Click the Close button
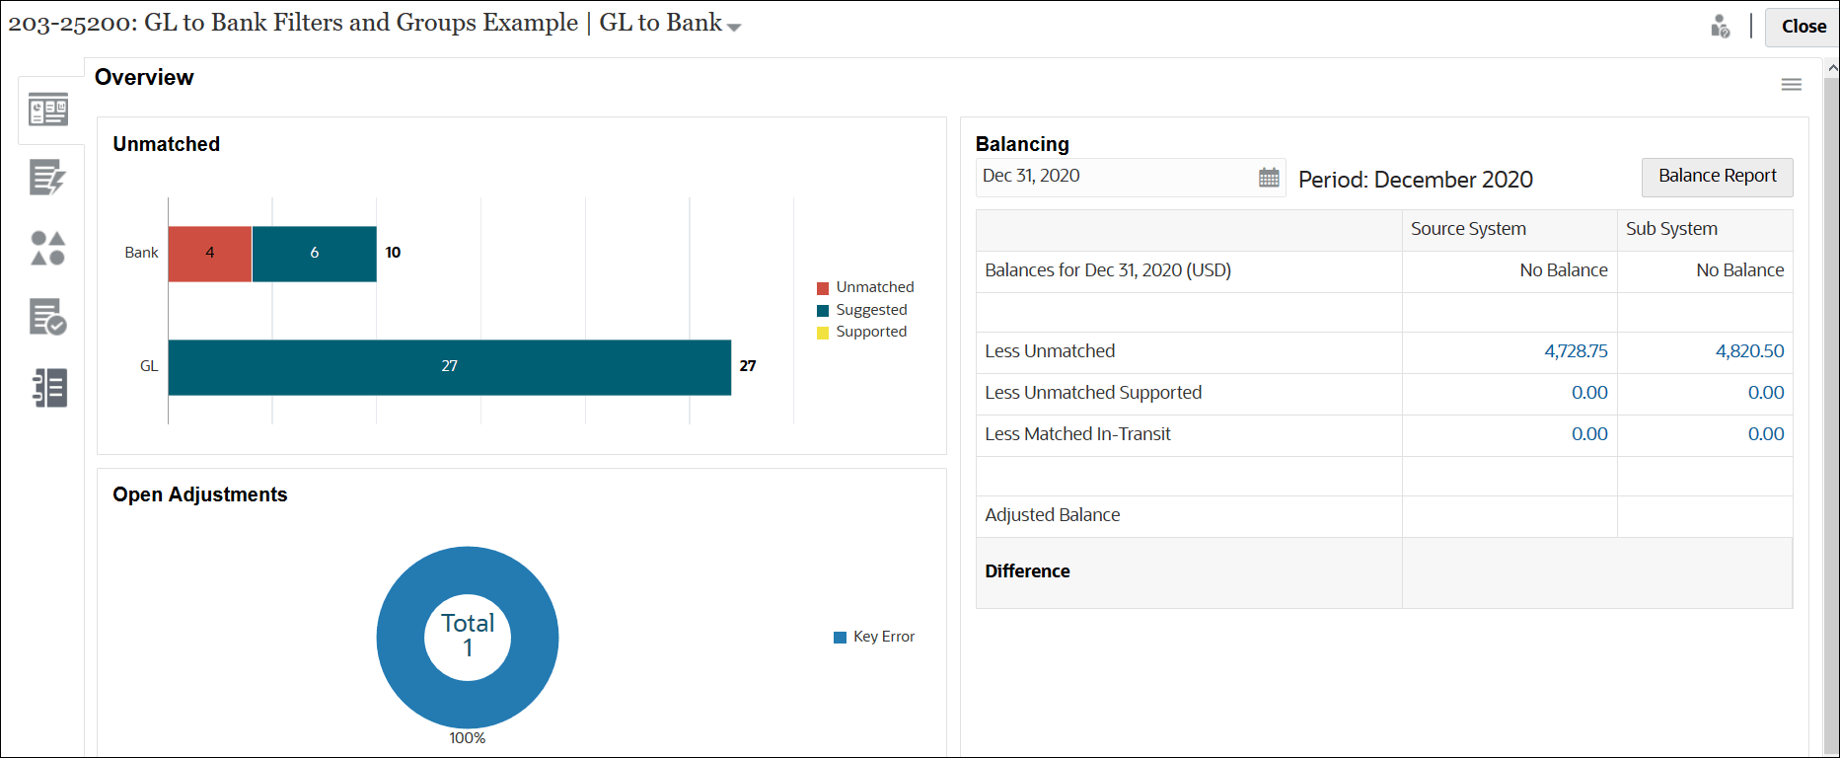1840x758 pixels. coord(1803,27)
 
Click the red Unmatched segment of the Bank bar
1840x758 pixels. coord(210,254)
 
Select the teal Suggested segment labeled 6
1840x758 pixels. coord(314,254)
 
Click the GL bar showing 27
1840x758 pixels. coord(449,367)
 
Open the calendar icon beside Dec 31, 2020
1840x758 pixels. coord(1269,178)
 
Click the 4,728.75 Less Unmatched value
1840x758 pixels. coord(1576,351)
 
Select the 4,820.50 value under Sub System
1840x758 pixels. coord(1749,351)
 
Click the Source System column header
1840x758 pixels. coord(1468,229)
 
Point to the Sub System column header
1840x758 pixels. coord(1671,229)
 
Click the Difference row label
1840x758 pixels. coord(1027,571)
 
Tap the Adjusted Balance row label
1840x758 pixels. coord(1052,515)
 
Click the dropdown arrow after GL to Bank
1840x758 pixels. coord(734,28)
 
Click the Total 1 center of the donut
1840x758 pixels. coord(468,636)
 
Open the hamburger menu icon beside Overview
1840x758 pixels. coord(1791,85)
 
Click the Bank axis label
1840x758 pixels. coord(141,253)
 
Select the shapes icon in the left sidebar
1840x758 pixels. coord(47,248)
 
